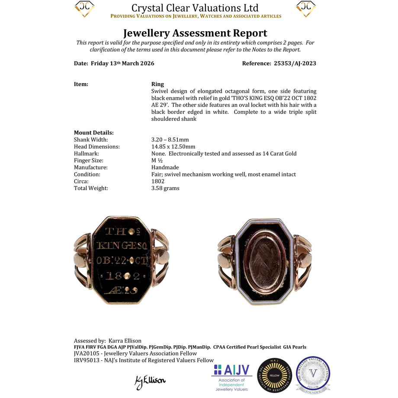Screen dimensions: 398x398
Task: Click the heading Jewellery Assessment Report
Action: click(195, 33)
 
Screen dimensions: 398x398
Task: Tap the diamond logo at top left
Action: click(84, 9)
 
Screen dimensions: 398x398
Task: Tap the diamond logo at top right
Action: click(306, 9)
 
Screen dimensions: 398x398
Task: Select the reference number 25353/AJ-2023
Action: click(295, 63)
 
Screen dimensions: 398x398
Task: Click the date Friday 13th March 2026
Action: click(122, 63)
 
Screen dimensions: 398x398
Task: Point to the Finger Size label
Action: click(89, 160)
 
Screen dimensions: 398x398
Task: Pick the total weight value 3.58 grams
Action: click(165, 188)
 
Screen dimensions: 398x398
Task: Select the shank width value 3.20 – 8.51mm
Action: click(170, 140)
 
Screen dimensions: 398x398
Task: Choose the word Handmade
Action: click(165, 167)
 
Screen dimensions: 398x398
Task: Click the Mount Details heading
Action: click(94, 133)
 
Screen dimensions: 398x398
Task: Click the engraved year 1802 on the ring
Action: click(125, 276)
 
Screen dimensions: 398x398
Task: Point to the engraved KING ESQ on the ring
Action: click(125, 246)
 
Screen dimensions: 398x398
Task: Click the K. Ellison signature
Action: click(150, 381)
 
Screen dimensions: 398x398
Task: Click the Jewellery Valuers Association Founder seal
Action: click(313, 375)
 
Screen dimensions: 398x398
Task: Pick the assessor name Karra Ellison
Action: click(125, 341)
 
